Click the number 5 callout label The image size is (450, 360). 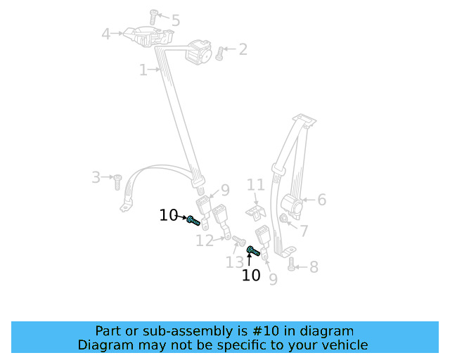[x=175, y=21]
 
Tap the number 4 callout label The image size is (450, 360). [x=106, y=33]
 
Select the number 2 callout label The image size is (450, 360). [x=243, y=49]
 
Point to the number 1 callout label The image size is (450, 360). [x=143, y=70]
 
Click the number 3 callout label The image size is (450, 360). [x=96, y=177]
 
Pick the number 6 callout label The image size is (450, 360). [x=321, y=200]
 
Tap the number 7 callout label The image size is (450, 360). [x=304, y=231]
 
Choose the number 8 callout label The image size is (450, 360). [x=314, y=267]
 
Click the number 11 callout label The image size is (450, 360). [x=256, y=185]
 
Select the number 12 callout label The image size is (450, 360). [x=205, y=241]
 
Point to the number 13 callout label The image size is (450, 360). [x=234, y=262]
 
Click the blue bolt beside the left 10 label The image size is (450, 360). [x=193, y=221]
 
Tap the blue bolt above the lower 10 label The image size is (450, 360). [x=253, y=250]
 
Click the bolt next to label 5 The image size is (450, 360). [x=155, y=15]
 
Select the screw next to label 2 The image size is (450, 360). [x=219, y=53]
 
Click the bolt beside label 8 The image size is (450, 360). [x=291, y=264]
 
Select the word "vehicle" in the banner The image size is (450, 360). [x=344, y=345]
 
